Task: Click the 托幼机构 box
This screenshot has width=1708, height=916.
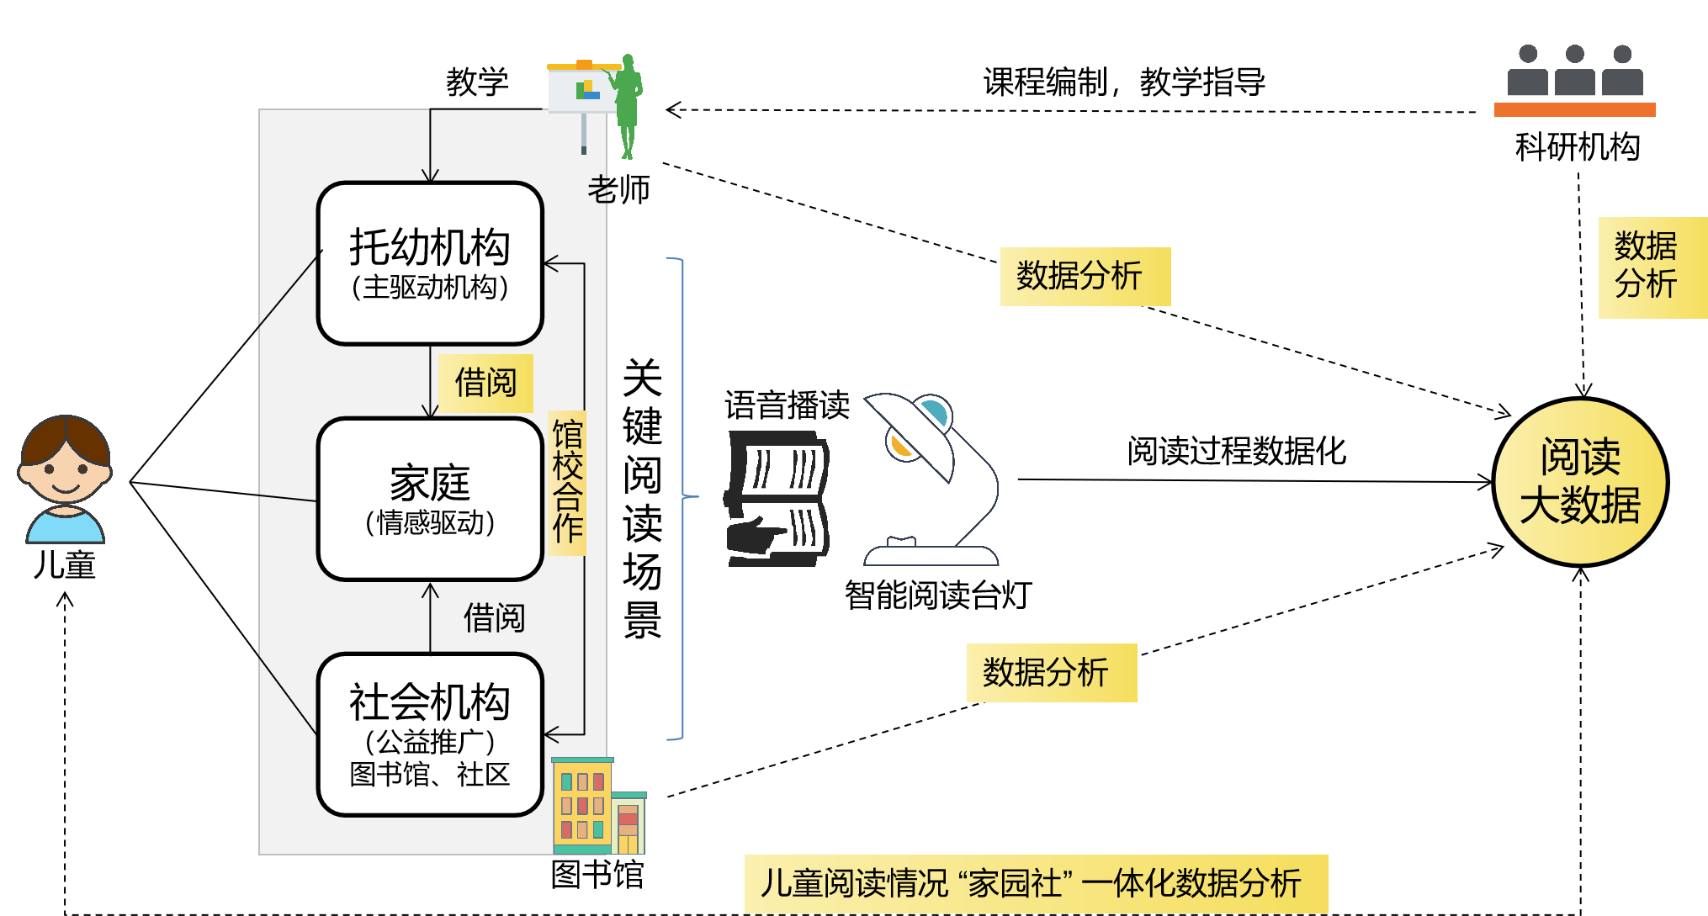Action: coord(430,263)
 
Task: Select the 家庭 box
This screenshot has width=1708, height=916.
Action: coord(430,499)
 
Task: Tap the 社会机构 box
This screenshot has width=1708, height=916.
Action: coord(430,734)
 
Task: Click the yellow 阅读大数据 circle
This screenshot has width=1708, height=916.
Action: coord(1580,482)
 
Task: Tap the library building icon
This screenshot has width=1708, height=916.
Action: coord(597,806)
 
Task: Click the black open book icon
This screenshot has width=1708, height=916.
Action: coord(778,499)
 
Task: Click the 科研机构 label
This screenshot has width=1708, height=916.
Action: coord(1578,147)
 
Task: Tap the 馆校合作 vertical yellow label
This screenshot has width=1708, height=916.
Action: coord(567,482)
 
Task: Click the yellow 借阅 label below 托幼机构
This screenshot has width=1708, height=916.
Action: coord(485,384)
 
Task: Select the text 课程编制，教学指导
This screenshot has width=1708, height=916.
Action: coord(1124,82)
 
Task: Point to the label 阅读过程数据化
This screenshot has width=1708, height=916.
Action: coord(1236,452)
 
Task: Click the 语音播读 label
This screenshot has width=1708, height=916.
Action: coord(787,405)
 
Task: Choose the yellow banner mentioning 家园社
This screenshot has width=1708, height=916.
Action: coord(1036,883)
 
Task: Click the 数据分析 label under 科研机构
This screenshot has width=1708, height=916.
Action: coord(1647,266)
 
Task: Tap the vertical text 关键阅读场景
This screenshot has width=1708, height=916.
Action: coord(642,498)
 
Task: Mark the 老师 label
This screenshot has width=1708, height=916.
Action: coord(618,190)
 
